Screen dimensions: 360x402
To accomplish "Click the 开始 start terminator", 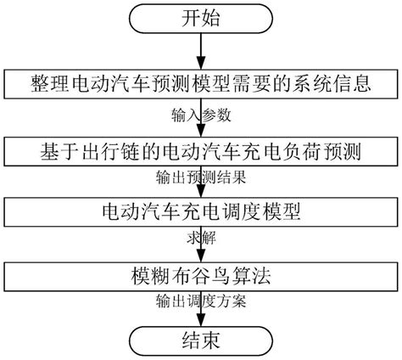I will tap(200, 18).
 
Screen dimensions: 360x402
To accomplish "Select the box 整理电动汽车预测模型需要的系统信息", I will tap(201, 85).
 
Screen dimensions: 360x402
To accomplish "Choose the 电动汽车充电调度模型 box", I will tap(201, 210).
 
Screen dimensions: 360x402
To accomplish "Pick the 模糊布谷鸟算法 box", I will tap(201, 275).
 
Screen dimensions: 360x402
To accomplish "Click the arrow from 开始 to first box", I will tap(201, 53).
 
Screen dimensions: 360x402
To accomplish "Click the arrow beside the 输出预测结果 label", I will tap(201, 182).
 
